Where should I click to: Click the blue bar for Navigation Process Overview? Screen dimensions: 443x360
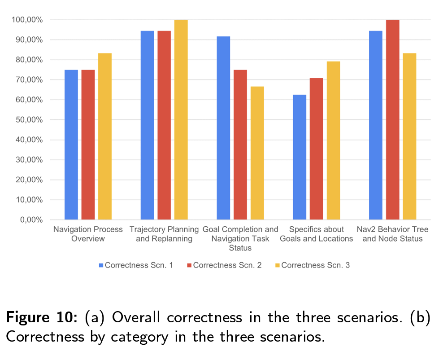click(x=71, y=145)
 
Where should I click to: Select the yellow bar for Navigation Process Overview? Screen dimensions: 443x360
click(x=105, y=136)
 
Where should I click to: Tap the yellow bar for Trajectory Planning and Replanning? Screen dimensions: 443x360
click(x=181, y=119)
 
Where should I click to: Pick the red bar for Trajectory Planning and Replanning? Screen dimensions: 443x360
click(x=164, y=125)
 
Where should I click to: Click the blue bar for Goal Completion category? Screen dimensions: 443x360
click(x=223, y=128)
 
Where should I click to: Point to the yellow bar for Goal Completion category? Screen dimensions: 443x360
click(x=257, y=153)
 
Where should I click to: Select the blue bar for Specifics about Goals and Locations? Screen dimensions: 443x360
click(x=300, y=157)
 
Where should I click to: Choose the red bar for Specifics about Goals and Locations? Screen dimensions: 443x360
click(x=317, y=149)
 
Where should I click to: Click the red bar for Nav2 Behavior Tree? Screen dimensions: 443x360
click(x=393, y=119)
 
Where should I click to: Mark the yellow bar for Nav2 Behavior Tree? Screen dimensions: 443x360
click(x=409, y=136)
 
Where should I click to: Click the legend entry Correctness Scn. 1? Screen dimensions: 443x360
click(x=136, y=265)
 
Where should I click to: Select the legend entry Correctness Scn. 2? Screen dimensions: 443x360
click(x=224, y=265)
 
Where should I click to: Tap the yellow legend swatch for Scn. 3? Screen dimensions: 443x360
click(x=278, y=265)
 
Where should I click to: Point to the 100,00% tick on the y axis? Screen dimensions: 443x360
click(x=27, y=20)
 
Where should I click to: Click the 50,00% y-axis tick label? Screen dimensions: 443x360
click(x=29, y=120)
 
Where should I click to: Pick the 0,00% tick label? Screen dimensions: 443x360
click(x=31, y=220)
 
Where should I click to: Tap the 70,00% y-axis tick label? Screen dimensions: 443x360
click(x=29, y=80)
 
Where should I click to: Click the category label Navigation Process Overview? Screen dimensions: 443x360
click(x=88, y=234)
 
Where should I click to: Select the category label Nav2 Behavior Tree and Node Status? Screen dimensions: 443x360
click(x=392, y=234)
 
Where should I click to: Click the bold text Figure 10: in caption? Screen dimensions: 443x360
click(x=42, y=317)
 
